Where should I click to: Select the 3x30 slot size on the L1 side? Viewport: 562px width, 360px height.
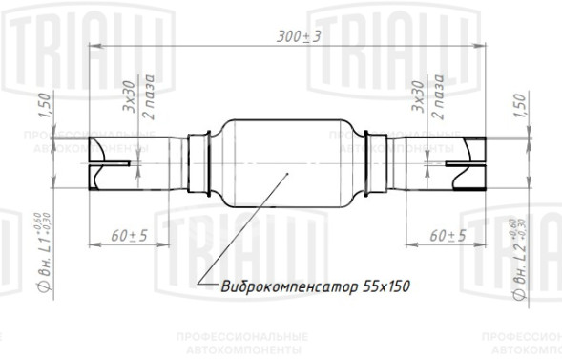point(129,96)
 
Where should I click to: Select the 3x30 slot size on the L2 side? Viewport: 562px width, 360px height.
point(416,96)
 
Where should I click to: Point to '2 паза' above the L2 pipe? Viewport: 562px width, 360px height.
point(437,95)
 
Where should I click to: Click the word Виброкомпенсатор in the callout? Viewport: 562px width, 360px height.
point(278,285)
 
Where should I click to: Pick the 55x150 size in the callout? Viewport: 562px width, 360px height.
point(369,285)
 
